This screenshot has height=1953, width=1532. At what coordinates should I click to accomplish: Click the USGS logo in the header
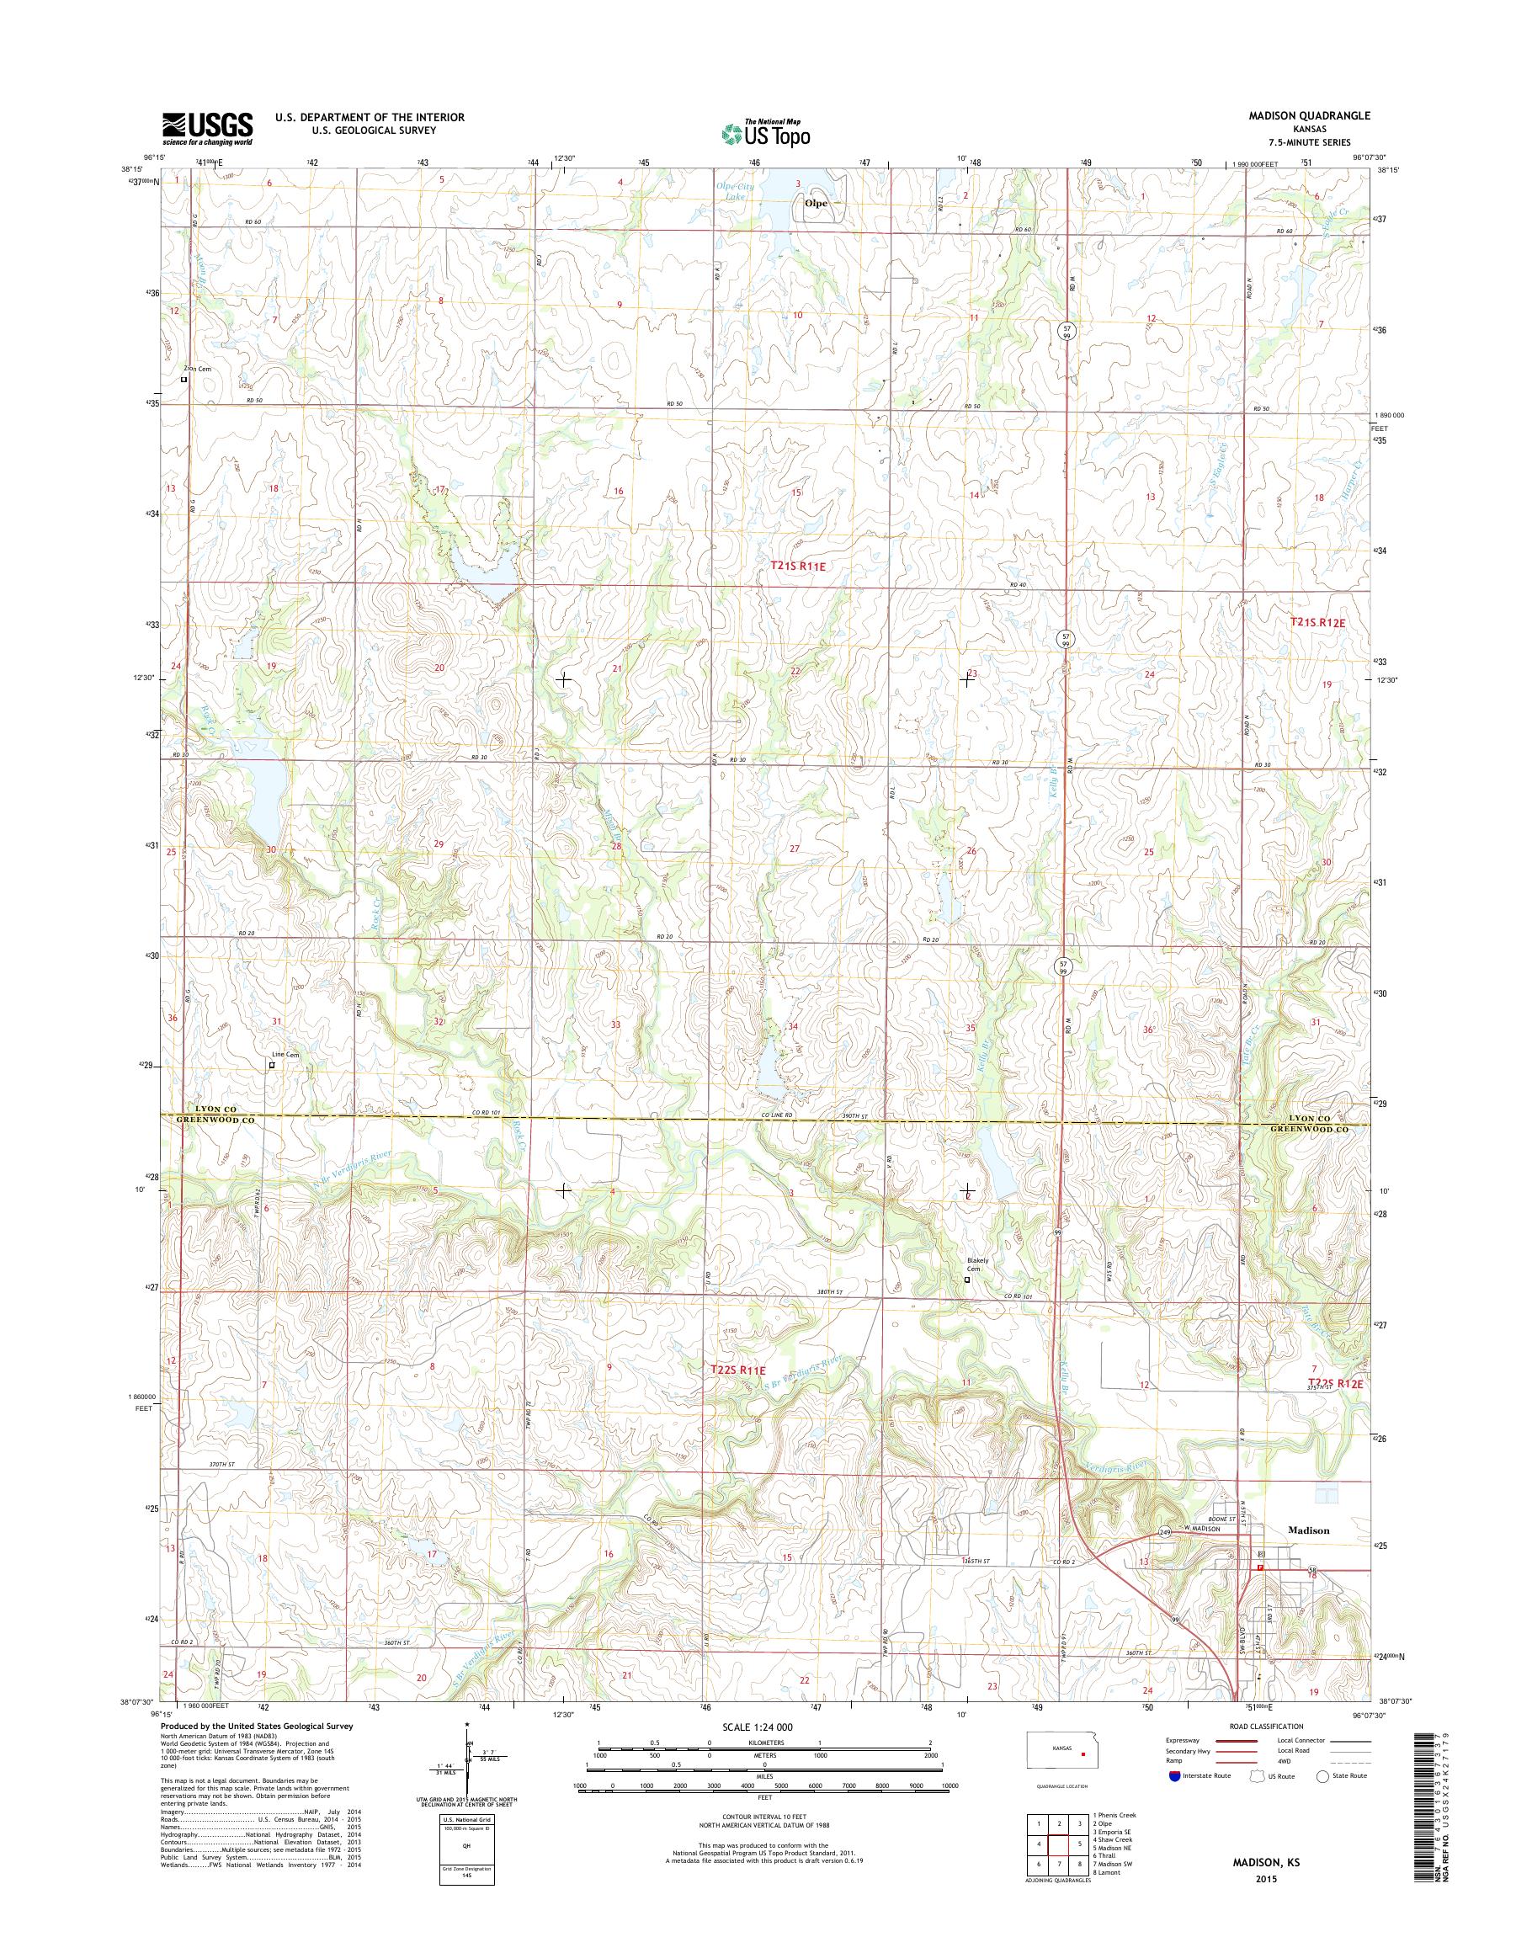(x=207, y=129)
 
